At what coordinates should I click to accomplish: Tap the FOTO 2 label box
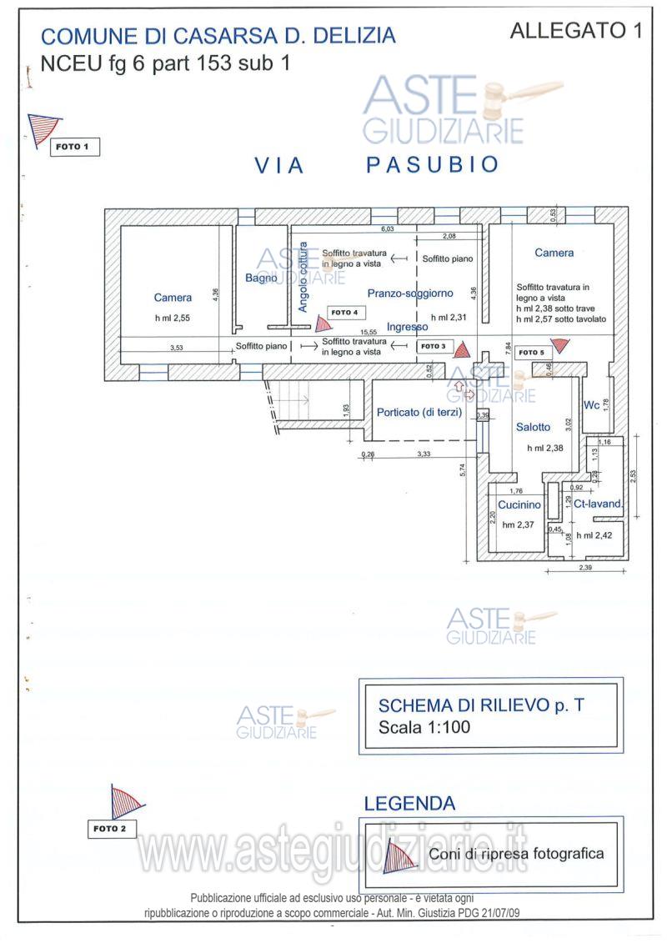click(x=111, y=829)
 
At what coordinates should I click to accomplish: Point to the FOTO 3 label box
click(x=433, y=346)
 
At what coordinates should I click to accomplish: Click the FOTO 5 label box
click(x=532, y=353)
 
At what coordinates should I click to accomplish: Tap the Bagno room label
click(x=261, y=278)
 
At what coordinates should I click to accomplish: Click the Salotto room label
click(x=533, y=427)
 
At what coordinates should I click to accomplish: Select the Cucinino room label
click(x=519, y=504)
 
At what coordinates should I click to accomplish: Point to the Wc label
click(x=592, y=406)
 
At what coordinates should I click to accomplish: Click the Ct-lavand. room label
click(x=594, y=504)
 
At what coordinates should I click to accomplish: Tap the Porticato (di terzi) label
click(x=419, y=412)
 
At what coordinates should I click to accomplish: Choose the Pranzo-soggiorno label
click(x=410, y=293)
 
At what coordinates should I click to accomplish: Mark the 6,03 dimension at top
click(x=388, y=228)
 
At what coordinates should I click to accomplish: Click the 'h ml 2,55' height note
click(x=173, y=318)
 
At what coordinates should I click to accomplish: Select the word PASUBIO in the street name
click(x=432, y=165)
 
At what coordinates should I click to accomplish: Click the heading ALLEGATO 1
click(x=575, y=32)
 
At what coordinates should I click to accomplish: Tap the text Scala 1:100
click(x=424, y=727)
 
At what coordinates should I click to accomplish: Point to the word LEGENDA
click(x=409, y=804)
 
